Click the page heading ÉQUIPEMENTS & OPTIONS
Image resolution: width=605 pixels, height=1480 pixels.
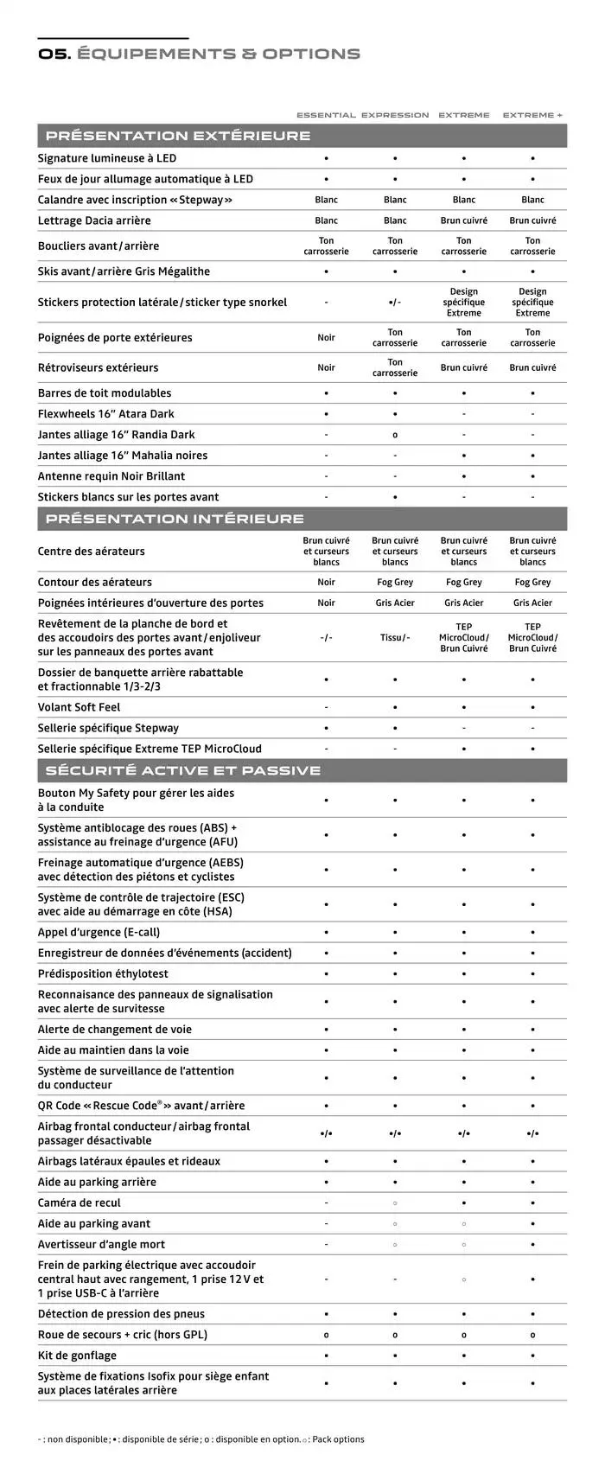[x=218, y=54]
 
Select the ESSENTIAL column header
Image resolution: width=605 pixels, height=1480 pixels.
[x=326, y=115]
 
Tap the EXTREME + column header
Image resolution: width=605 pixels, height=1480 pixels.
[x=532, y=115]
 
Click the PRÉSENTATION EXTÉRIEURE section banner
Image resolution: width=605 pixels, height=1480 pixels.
[x=178, y=136]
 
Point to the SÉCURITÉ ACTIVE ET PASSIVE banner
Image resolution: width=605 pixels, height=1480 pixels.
[x=183, y=770]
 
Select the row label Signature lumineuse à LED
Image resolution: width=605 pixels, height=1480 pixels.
[x=107, y=158]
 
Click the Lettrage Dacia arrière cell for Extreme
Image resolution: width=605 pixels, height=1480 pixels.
[x=464, y=220]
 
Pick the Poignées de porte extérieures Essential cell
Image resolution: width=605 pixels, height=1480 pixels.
[x=326, y=338]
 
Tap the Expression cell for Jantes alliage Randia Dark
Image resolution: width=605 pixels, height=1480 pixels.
[x=395, y=435]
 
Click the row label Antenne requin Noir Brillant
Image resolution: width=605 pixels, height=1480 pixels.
[x=111, y=476]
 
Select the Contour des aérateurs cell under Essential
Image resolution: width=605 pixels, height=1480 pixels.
[x=326, y=583]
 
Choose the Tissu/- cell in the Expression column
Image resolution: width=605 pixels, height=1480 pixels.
[x=395, y=638]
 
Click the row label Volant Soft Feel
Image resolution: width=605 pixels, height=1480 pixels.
[x=80, y=707]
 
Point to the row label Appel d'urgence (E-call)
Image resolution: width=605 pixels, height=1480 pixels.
[x=99, y=932]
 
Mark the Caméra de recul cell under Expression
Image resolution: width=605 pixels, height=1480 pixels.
[x=395, y=1203]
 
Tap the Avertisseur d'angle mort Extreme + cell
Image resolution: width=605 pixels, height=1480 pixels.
[x=532, y=1245]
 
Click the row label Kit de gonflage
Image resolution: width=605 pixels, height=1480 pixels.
[x=77, y=1356]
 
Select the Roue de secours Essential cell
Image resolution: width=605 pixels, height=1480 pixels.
[x=326, y=1335]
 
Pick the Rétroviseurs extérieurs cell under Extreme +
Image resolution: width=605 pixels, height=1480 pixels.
[x=532, y=367]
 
